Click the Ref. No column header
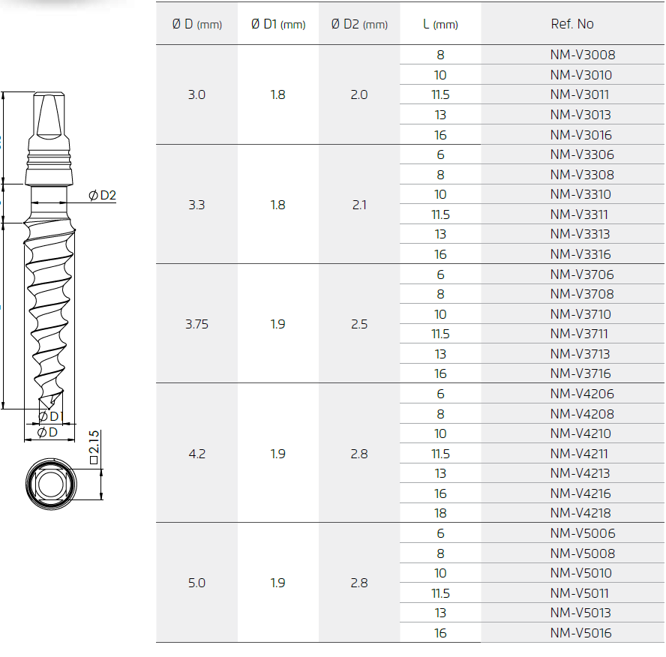click(572, 24)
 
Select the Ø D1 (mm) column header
click(278, 24)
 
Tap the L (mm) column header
click(440, 24)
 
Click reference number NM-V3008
click(582, 55)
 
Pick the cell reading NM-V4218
click(580, 513)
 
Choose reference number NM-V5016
click(580, 633)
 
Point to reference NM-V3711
click(579, 334)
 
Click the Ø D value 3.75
click(196, 324)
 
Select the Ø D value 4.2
click(196, 454)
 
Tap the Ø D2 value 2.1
click(359, 205)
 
